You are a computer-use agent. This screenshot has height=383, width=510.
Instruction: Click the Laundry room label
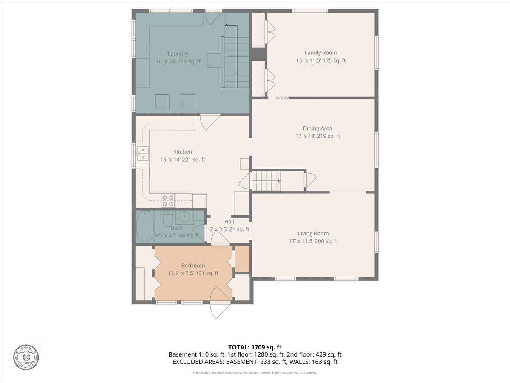[178, 54]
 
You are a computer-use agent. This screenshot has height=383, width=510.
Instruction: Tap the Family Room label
[321, 53]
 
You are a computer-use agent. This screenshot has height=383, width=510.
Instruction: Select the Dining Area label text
[317, 129]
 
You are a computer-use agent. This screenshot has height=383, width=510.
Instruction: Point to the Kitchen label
[182, 152]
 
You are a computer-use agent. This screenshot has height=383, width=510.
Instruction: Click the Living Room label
[313, 233]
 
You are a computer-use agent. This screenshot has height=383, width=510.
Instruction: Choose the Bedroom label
[193, 266]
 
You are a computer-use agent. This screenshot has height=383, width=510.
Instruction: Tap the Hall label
[229, 222]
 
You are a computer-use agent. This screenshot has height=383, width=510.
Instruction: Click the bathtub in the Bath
[145, 227]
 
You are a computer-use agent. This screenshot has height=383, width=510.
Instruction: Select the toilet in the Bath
[167, 219]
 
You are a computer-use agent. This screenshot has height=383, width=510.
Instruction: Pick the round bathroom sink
[184, 217]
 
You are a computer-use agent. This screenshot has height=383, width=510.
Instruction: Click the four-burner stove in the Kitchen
[168, 200]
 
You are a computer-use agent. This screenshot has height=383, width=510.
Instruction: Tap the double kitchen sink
[142, 153]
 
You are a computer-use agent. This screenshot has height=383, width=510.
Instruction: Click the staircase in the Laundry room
[236, 62]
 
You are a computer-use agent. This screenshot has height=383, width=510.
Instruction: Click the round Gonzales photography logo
[25, 357]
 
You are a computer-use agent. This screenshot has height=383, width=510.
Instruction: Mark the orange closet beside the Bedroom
[242, 258]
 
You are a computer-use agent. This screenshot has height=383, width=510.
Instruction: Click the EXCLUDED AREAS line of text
[255, 362]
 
